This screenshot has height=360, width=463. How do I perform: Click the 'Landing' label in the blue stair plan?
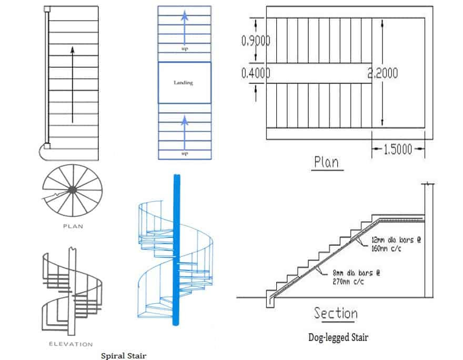[184, 83]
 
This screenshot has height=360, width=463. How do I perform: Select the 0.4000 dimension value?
[255, 74]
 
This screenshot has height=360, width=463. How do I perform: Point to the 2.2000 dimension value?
[383, 74]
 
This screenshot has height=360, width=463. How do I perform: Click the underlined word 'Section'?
[336, 314]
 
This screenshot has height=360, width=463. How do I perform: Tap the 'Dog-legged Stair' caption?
[338, 337]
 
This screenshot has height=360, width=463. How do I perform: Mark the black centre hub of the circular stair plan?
[72, 189]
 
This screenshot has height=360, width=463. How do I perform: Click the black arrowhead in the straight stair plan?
[72, 50]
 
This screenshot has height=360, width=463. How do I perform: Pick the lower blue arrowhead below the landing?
[184, 121]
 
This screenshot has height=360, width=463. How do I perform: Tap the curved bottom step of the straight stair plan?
[44, 152]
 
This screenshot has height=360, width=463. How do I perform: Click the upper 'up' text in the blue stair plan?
[184, 49]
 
